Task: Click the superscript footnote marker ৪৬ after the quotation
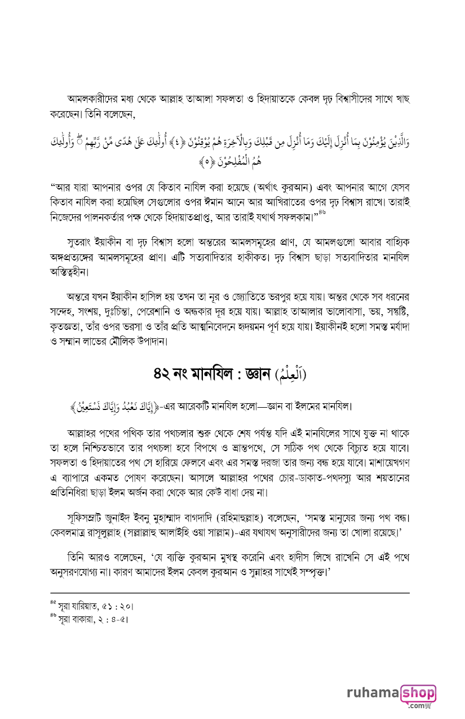(322, 212)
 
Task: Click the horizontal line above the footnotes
(230, 593)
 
